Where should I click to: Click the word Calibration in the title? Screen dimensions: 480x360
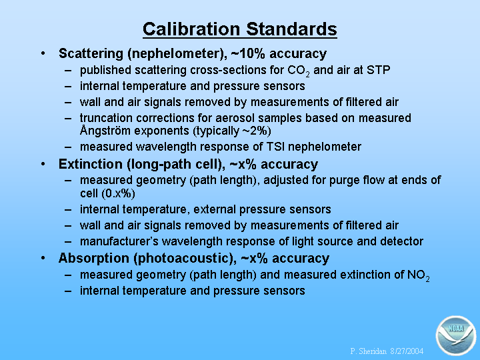[x=191, y=29]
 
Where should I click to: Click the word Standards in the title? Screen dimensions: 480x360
[x=291, y=29]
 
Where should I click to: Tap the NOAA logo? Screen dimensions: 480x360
[x=456, y=335]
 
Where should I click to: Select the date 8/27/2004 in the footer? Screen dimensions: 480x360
[x=407, y=351]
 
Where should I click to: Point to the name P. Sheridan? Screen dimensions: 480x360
[x=369, y=351]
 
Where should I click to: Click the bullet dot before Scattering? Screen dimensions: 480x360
[x=43, y=53]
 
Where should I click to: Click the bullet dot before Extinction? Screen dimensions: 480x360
[x=43, y=165]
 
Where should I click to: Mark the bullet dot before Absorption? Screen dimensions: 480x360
[x=43, y=258]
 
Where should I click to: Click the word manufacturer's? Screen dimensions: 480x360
[x=119, y=241]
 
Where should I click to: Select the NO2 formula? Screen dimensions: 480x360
[x=418, y=275]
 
